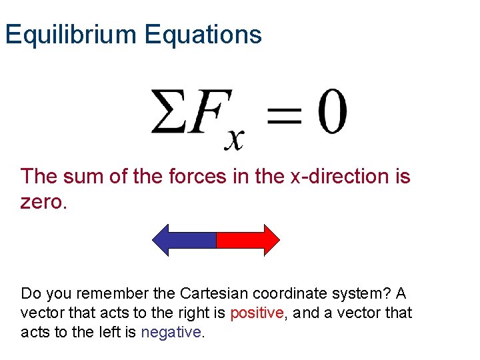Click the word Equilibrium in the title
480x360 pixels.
(x=71, y=34)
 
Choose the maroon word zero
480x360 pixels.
(x=44, y=202)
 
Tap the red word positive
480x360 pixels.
(x=257, y=313)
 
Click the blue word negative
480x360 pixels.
(x=171, y=332)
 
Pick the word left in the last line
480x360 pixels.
(x=107, y=332)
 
